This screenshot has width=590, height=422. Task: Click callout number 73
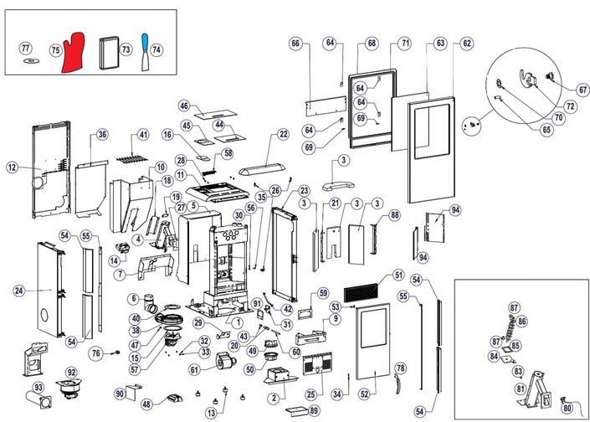point(126,49)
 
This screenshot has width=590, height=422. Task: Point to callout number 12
point(12,167)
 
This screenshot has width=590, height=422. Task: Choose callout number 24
point(19,291)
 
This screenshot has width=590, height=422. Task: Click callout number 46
point(184,106)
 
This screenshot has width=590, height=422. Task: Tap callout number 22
point(283,135)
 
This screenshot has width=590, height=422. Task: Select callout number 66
point(295,43)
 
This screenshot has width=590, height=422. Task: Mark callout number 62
point(466,43)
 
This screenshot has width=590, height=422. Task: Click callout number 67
point(582,90)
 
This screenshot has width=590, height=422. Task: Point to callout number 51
point(398,275)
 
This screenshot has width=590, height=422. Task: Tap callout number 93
point(37,389)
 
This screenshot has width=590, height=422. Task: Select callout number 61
point(194,368)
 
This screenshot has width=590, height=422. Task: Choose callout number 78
point(400,368)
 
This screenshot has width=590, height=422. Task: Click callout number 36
point(102,135)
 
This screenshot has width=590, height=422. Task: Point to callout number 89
point(314,410)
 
